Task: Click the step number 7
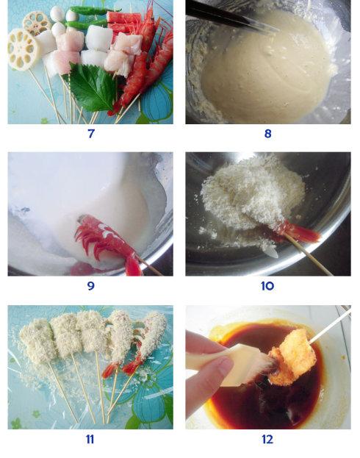pos(91,134)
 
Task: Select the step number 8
pos(267,134)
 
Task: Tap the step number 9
pos(91,286)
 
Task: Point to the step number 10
pos(267,286)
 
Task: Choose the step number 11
pos(90,439)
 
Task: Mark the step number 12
pos(267,439)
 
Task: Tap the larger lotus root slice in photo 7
pos(22,50)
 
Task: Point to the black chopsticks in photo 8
pos(231,17)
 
